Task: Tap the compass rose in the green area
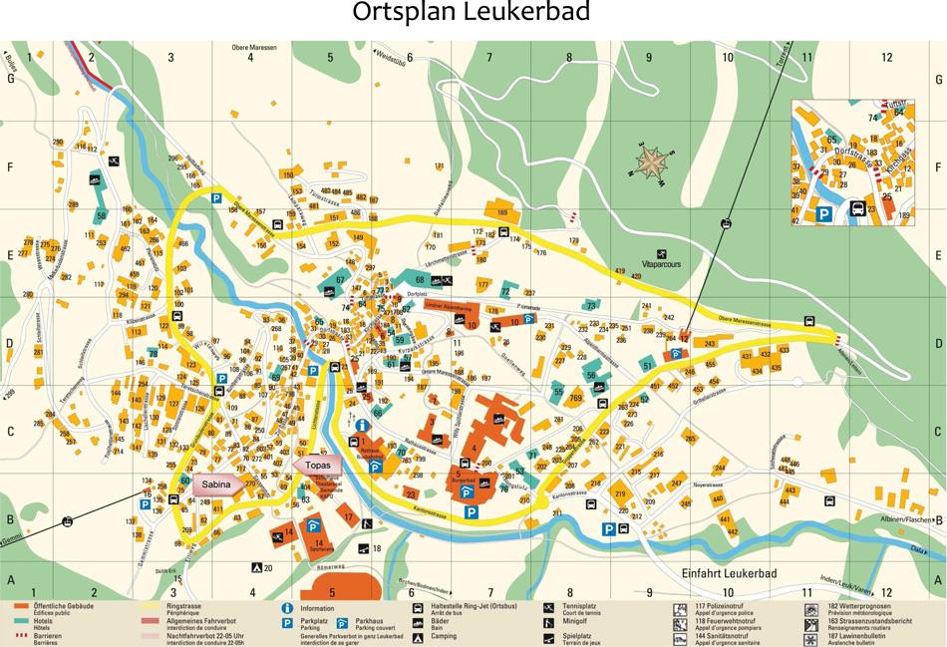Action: click(x=653, y=161)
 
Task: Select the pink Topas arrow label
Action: click(x=317, y=465)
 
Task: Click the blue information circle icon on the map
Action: click(x=362, y=425)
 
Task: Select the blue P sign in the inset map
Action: click(x=824, y=212)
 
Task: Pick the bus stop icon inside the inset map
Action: click(x=857, y=209)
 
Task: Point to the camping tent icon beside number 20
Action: click(x=255, y=568)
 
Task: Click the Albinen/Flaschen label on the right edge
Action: click(x=905, y=520)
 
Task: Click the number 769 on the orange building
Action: click(x=575, y=398)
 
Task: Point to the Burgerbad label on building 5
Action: click(x=464, y=481)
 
